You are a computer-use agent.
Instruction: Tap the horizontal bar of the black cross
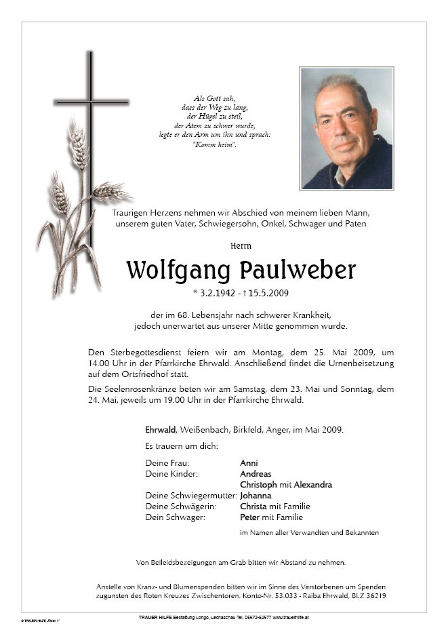(x=91, y=102)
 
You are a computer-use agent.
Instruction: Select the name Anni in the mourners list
(x=249, y=463)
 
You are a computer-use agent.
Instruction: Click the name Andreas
(x=256, y=474)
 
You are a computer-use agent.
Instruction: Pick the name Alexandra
(x=312, y=485)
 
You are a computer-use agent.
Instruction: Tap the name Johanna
(x=256, y=496)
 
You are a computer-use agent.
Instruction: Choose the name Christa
(x=253, y=507)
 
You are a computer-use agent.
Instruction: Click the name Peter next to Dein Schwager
(x=249, y=517)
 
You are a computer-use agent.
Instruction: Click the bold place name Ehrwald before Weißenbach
(x=160, y=430)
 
